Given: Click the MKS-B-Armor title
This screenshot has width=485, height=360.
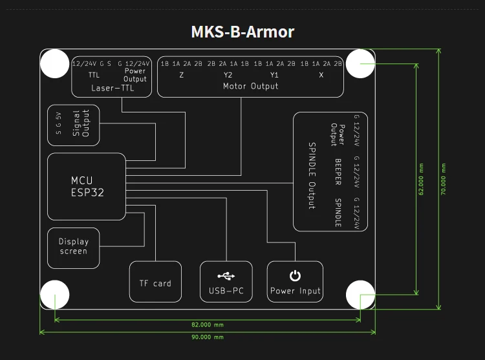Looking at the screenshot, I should click(x=242, y=31).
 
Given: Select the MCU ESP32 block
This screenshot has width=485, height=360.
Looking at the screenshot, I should click(x=87, y=185).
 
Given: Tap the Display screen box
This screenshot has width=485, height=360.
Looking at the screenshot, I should click(x=73, y=246).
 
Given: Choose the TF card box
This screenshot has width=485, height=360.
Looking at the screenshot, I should click(x=155, y=283).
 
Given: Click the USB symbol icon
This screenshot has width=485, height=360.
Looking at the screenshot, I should click(x=226, y=276).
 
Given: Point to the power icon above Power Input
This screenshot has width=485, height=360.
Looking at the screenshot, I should click(x=295, y=276).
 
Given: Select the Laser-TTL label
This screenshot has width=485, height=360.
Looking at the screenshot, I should click(x=113, y=89).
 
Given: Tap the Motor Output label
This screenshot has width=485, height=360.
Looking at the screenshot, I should click(x=251, y=86).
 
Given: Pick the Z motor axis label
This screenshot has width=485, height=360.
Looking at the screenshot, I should click(x=182, y=75).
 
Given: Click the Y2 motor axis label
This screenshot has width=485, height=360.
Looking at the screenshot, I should click(x=228, y=75).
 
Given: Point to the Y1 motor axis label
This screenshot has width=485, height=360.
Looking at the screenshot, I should click(x=275, y=75).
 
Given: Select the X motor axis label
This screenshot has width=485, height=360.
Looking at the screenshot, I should click(x=321, y=75).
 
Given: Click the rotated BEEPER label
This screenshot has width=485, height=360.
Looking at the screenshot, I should click(x=338, y=172).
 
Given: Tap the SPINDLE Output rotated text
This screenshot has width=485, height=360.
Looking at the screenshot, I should click(x=311, y=175).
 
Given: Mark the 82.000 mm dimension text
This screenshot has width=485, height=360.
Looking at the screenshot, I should click(x=208, y=325).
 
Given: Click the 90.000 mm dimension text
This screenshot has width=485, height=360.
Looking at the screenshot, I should click(x=208, y=337).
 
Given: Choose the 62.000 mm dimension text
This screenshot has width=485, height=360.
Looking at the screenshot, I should click(x=421, y=178).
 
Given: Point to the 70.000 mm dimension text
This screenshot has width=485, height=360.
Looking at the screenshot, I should click(x=444, y=178).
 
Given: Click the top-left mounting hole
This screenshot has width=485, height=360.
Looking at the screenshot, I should click(x=55, y=65).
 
